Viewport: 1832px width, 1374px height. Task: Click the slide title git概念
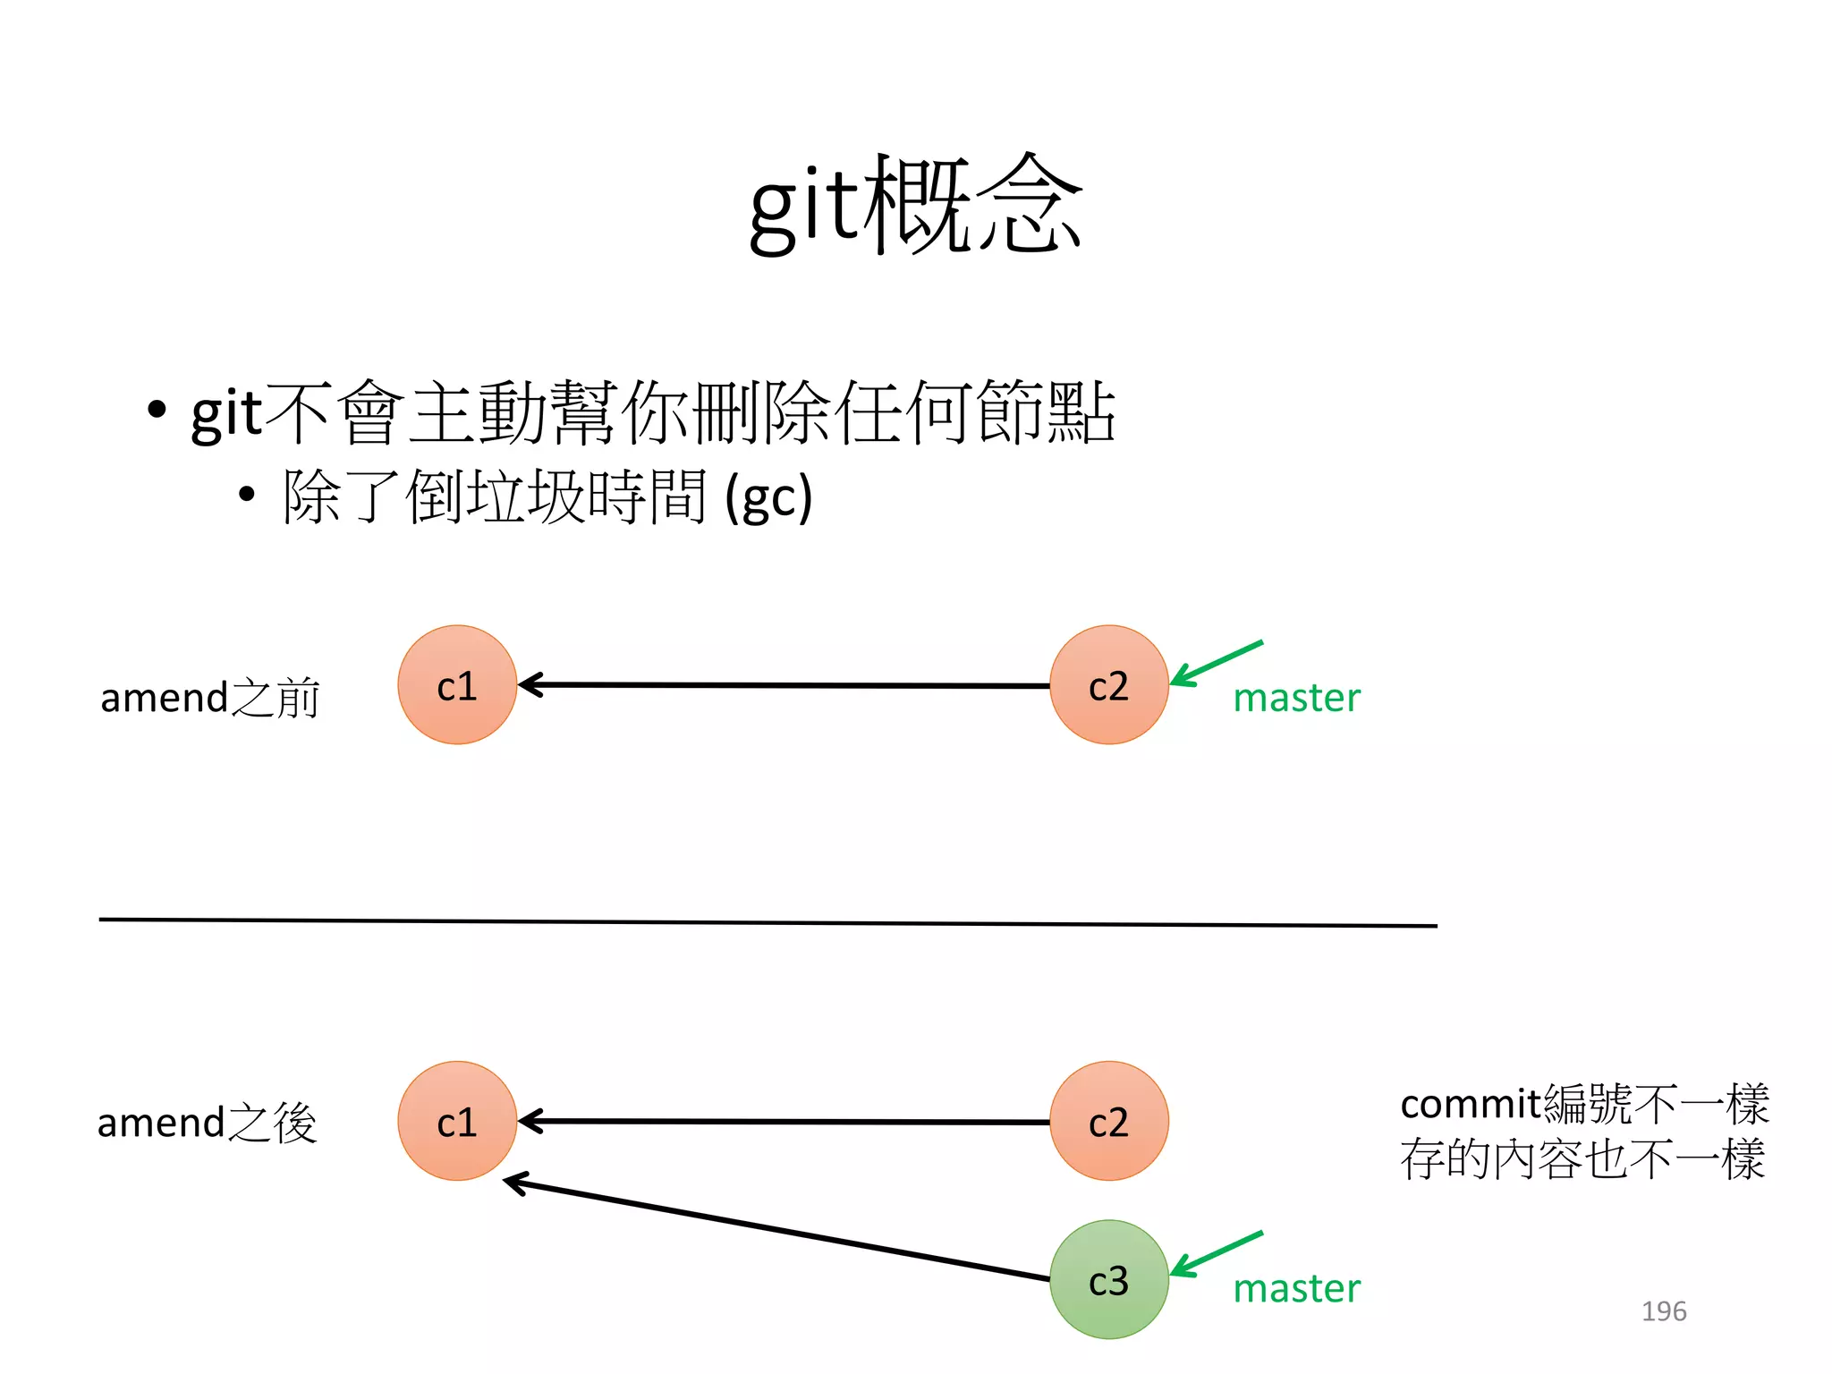(915, 206)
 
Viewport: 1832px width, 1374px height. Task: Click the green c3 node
(1108, 1279)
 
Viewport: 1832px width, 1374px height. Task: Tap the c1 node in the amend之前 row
(457, 685)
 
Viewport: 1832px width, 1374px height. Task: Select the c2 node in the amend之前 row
(1108, 685)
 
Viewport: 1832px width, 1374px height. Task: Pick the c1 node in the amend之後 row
(457, 1121)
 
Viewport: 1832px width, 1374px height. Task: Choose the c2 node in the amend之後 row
(1108, 1121)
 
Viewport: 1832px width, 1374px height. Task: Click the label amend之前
(209, 698)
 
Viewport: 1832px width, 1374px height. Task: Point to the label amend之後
(207, 1123)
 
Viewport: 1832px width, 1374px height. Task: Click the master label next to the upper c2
(1296, 699)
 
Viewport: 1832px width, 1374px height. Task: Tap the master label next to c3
(1296, 1289)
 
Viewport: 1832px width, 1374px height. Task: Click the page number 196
(1663, 1311)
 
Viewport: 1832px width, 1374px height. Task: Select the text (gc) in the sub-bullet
(768, 497)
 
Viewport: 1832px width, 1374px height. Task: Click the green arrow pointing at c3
(1217, 1253)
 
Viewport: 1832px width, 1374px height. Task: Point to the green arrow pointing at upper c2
(1217, 663)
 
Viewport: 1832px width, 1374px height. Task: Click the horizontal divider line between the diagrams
(768, 922)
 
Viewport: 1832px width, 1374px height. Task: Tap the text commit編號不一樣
(1583, 1105)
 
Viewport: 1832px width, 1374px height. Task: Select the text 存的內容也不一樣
(1582, 1160)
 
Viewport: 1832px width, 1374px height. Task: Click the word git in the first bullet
(227, 413)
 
